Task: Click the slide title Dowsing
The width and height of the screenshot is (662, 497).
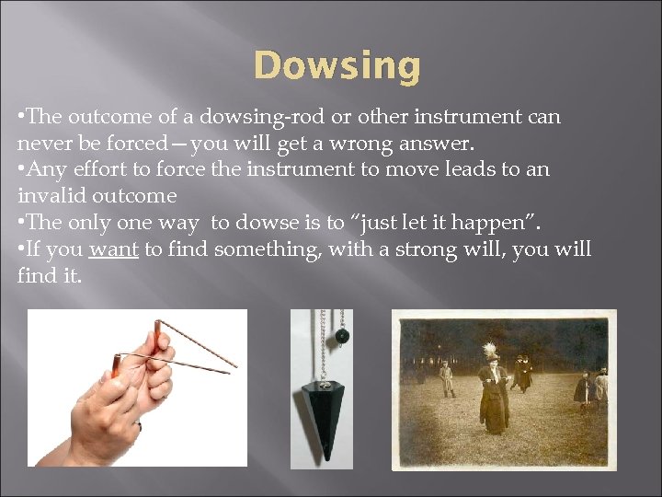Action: (337, 66)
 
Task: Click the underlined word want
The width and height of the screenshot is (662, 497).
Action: (113, 250)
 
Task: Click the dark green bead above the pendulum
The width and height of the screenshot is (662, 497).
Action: (341, 337)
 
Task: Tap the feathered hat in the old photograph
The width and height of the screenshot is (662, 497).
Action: (490, 351)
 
